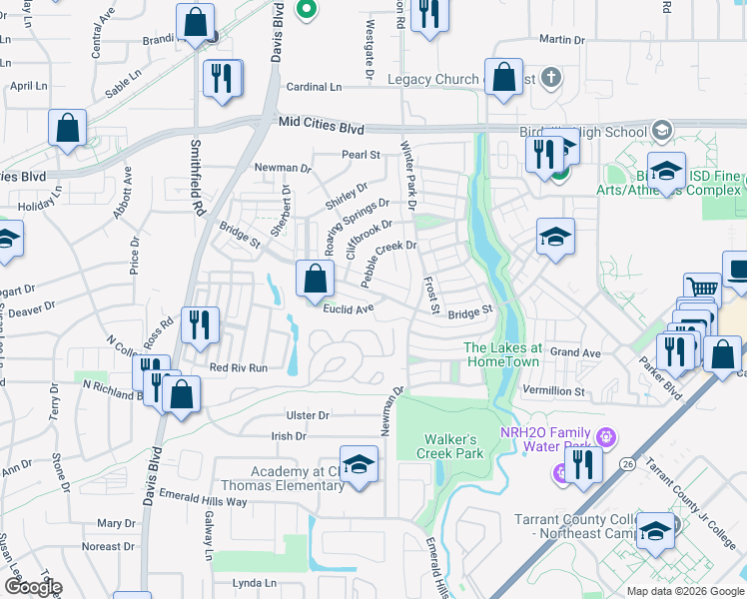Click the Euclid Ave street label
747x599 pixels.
click(349, 308)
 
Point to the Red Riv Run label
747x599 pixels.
click(238, 367)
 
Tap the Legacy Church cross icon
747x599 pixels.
click(548, 78)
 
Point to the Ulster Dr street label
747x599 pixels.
click(308, 415)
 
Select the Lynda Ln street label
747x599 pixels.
click(254, 583)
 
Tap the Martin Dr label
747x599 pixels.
click(561, 39)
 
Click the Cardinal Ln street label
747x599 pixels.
click(315, 87)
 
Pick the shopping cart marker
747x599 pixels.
click(702, 291)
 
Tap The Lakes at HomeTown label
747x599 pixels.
click(503, 353)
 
